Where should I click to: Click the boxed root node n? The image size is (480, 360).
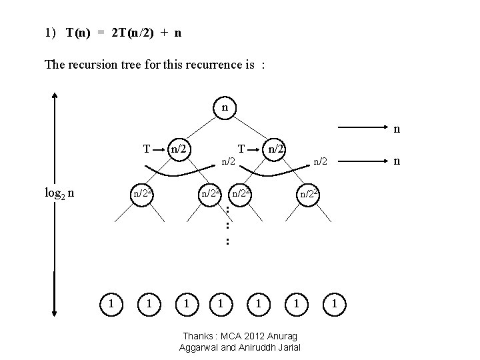225,107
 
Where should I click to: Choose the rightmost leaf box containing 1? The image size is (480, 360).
335,304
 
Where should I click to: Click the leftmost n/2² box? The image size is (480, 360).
143,194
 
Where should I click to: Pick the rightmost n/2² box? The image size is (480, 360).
309,194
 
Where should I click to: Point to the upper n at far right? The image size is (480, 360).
397,129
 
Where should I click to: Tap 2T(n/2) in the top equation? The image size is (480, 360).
130,33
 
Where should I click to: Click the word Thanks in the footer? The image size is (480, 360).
197,335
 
